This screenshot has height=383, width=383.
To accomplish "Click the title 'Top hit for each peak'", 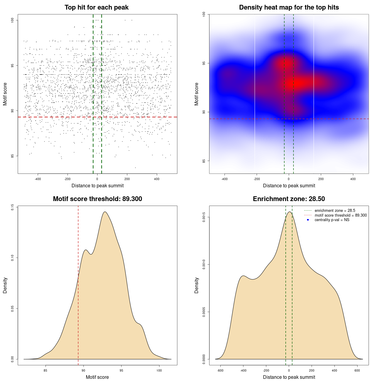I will click(97, 7).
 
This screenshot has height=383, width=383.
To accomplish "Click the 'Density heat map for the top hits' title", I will click(289, 7).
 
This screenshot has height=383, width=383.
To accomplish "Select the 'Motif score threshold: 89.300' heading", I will click(97, 199).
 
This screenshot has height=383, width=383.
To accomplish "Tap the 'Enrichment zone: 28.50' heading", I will click(289, 199).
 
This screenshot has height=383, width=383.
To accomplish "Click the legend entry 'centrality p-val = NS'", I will click(332, 220).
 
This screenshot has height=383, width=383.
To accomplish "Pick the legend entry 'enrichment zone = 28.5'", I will click(335, 211).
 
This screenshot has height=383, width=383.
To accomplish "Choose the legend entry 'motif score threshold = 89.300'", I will click(341, 215).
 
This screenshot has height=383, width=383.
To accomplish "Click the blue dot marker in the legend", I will click(308, 220).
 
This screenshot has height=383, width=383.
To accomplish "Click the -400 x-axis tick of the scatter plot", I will click(38, 179).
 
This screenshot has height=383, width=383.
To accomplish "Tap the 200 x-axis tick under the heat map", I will click(321, 179).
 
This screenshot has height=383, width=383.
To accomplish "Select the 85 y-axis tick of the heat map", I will click(204, 161).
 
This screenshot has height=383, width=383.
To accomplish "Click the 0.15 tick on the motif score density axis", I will click(12, 207).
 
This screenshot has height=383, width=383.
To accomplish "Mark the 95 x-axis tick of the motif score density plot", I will click(121, 370).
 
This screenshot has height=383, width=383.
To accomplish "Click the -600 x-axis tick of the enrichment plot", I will click(220, 370).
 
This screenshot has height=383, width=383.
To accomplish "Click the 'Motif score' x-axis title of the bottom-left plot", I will click(97, 377).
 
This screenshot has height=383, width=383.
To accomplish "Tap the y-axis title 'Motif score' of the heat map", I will click(197, 94).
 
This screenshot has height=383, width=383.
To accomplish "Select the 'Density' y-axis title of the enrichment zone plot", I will click(197, 285).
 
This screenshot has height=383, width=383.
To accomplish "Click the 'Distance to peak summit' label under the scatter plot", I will click(98, 186).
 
